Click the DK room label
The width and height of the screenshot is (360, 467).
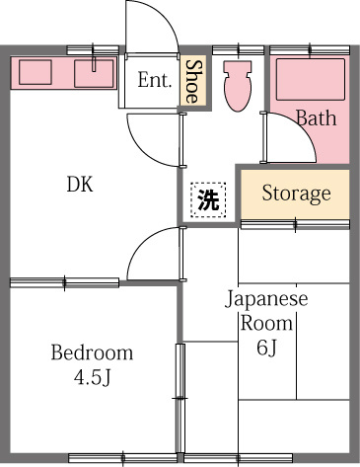(80, 185)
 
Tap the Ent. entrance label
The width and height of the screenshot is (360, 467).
(155, 81)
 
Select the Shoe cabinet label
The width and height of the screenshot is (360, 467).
(194, 81)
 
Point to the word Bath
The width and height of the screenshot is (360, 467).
(316, 118)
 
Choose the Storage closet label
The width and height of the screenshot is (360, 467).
(295, 193)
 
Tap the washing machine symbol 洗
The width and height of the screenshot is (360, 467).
(208, 200)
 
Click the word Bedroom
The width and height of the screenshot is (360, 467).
(92, 352)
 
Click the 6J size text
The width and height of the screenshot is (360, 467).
(267, 347)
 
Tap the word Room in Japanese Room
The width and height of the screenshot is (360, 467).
(267, 323)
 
